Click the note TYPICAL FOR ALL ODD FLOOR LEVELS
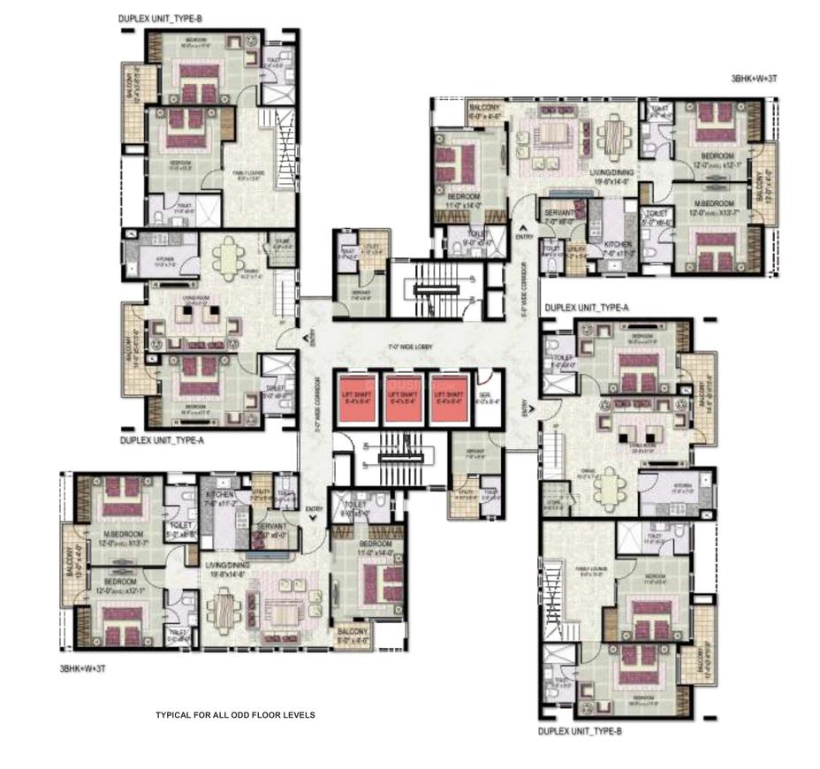[x=235, y=714]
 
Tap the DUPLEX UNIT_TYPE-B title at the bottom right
[x=585, y=732]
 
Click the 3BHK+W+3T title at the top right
[x=755, y=79]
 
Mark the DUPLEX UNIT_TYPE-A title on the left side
[x=162, y=438]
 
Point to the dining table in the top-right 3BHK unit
[x=611, y=134]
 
